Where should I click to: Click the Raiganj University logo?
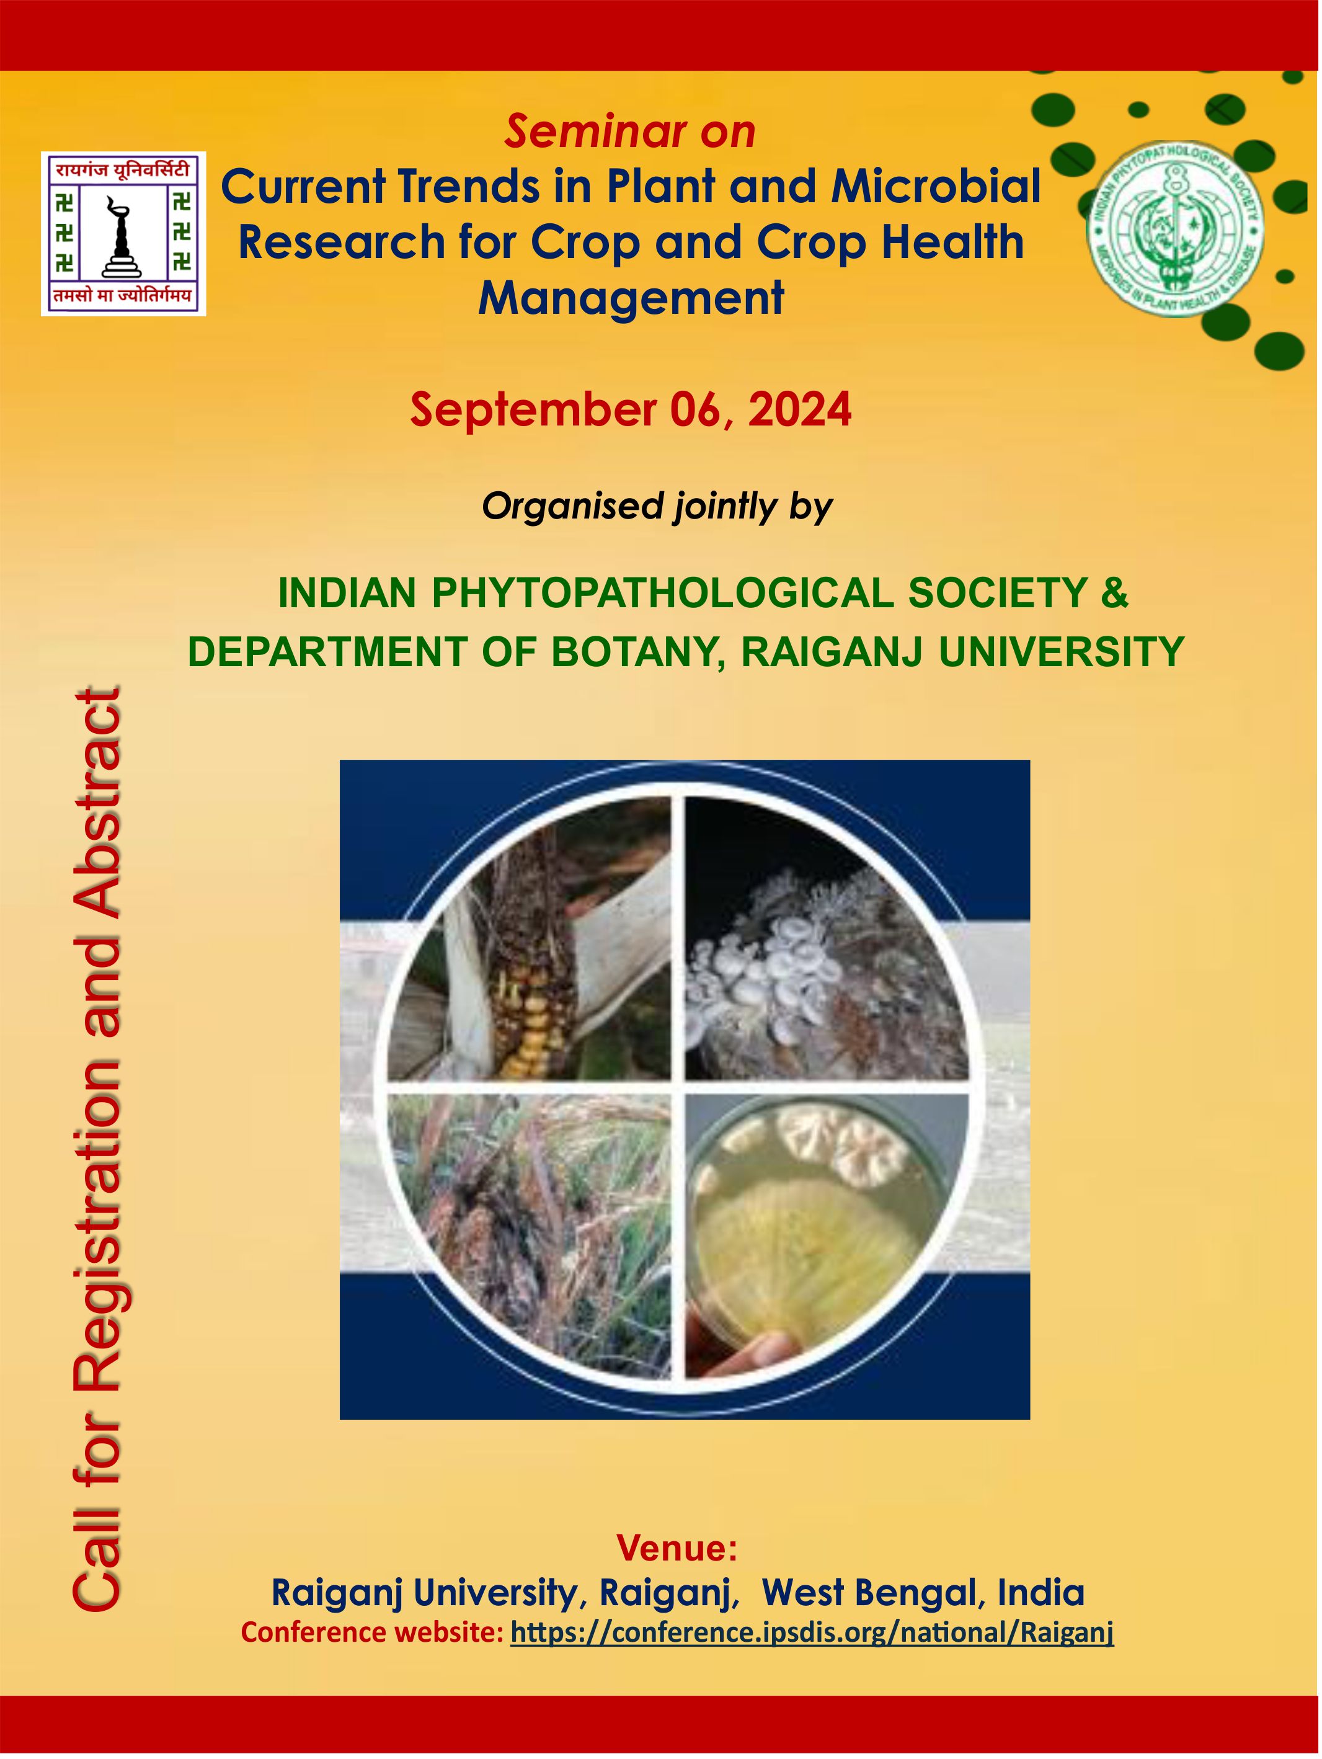tap(123, 234)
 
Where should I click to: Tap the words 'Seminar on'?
tap(629, 131)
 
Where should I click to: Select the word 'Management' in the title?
tap(631, 298)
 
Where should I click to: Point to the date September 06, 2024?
tap(631, 411)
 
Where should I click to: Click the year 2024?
tap(800, 411)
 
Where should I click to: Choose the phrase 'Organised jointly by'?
tap(657, 507)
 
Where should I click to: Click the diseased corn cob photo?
tap(529, 939)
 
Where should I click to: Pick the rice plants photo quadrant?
tap(529, 1237)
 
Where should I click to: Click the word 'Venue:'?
tap(677, 1547)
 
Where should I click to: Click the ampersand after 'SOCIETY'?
tap(1114, 592)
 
